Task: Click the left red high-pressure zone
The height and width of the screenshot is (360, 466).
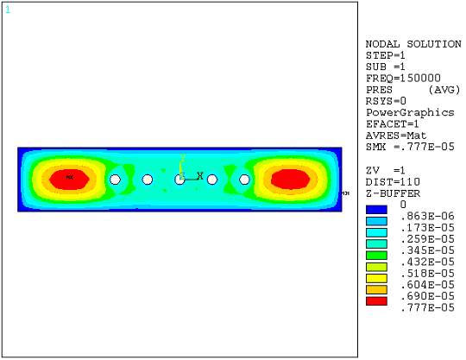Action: tap(70, 179)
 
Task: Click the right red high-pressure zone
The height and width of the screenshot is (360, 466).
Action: tap(290, 179)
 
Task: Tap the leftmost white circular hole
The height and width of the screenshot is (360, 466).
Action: tap(115, 180)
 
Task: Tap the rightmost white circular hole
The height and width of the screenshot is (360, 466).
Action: tap(245, 180)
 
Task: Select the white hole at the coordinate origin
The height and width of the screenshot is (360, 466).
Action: tap(179, 180)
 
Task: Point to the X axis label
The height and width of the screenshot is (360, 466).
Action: tap(200, 176)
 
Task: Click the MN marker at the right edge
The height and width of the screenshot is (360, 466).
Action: tap(343, 193)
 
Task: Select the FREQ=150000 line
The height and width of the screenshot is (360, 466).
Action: tap(398, 78)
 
